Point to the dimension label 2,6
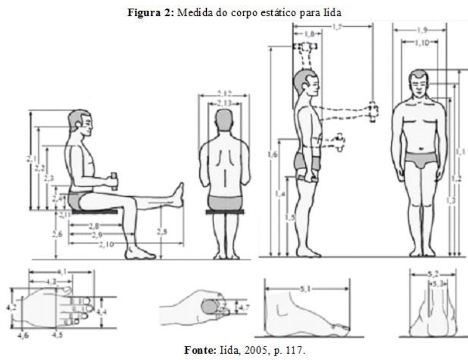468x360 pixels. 58,234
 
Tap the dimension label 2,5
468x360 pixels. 162,231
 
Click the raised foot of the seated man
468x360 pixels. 179,194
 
